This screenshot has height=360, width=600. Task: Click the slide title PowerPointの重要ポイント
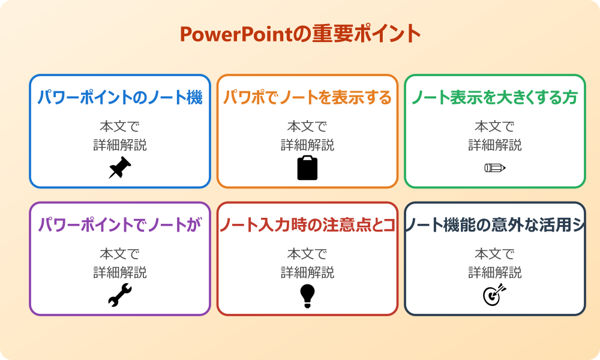pyautogui.click(x=300, y=34)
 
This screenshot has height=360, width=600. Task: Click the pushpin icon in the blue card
pyautogui.click(x=120, y=168)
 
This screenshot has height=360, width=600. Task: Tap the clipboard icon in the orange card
pyautogui.click(x=307, y=168)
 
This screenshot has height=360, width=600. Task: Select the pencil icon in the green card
pyautogui.click(x=495, y=167)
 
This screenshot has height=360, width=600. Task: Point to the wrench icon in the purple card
pyautogui.click(x=120, y=295)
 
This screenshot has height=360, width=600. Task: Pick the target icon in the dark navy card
pyautogui.click(x=495, y=295)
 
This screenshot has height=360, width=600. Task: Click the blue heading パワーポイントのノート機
pyautogui.click(x=120, y=98)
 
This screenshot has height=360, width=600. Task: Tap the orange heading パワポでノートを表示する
pyautogui.click(x=307, y=98)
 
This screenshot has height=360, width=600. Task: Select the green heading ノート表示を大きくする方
pyautogui.click(x=495, y=98)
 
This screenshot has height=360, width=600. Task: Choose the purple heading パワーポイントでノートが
pyautogui.click(x=120, y=225)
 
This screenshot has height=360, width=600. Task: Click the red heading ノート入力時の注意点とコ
pyautogui.click(x=307, y=225)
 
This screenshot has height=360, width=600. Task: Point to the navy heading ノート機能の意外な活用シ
pyautogui.click(x=495, y=225)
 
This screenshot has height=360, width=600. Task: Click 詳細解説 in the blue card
pyautogui.click(x=120, y=145)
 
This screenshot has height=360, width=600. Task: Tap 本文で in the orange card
pyautogui.click(x=307, y=127)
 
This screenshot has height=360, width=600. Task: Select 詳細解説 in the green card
pyautogui.click(x=495, y=145)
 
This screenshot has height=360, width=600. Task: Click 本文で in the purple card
pyautogui.click(x=120, y=254)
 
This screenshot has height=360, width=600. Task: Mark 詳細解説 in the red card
pyautogui.click(x=307, y=272)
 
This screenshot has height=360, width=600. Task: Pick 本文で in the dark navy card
pyautogui.click(x=495, y=254)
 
